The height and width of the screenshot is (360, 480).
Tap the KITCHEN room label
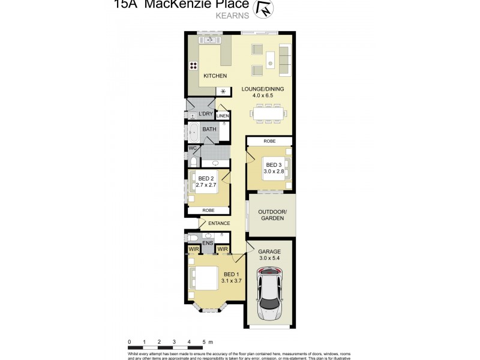[215, 76]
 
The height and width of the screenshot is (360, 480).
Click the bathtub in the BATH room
[193, 130]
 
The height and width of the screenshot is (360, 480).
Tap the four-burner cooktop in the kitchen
[194, 67]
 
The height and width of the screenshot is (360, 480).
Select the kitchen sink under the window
[211, 41]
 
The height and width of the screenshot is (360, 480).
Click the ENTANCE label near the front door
[219, 224]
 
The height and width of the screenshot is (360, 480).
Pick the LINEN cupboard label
[223, 116]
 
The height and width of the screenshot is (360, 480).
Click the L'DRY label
[205, 113]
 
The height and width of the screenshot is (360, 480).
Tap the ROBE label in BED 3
[269, 140]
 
